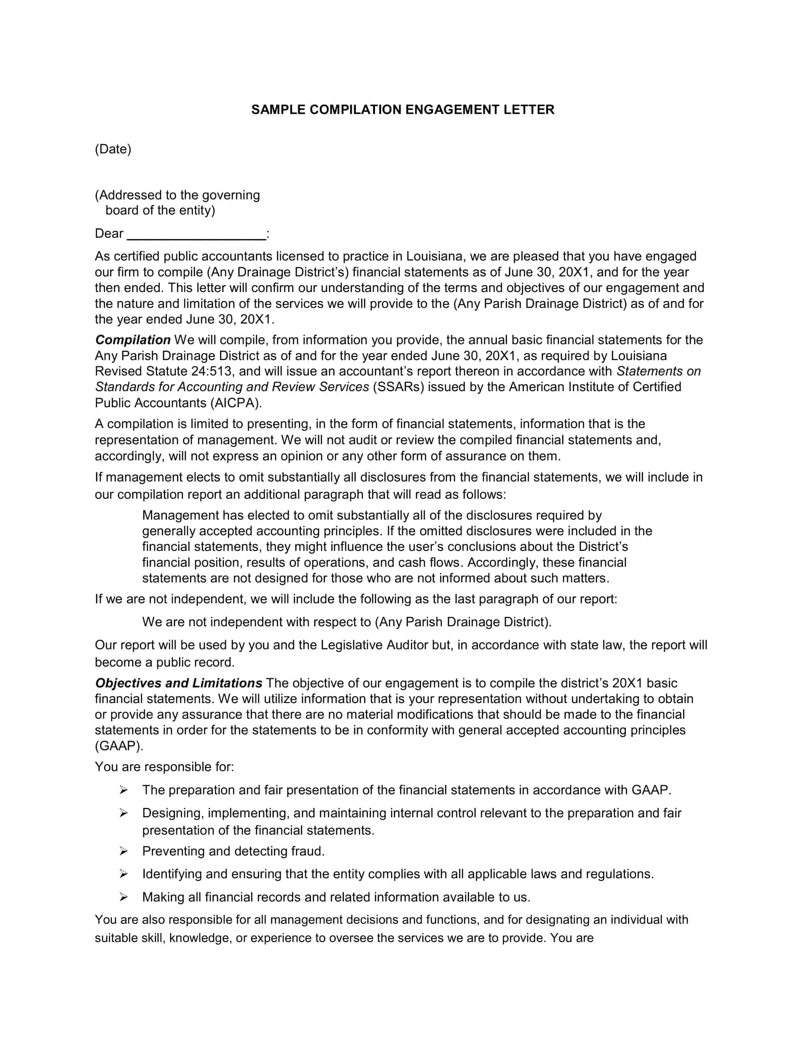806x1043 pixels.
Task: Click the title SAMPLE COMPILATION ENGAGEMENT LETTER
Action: pyautogui.click(x=403, y=110)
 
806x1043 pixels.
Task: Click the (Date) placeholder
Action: pyautogui.click(x=113, y=149)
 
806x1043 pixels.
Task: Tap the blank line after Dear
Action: pyautogui.click(x=196, y=235)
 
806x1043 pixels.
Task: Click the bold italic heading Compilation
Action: pyautogui.click(x=133, y=340)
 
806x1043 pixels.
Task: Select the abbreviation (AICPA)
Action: pyautogui.click(x=236, y=403)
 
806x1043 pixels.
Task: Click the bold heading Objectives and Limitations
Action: pyautogui.click(x=179, y=683)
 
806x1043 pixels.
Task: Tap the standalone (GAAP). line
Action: pyautogui.click(x=119, y=746)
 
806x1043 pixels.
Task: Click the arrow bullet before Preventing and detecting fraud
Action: pyautogui.click(x=124, y=851)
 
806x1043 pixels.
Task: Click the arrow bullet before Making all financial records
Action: pyautogui.click(x=124, y=897)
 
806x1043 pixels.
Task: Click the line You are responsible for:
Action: pyautogui.click(x=164, y=767)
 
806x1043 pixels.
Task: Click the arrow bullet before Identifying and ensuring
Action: pyautogui.click(x=124, y=874)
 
